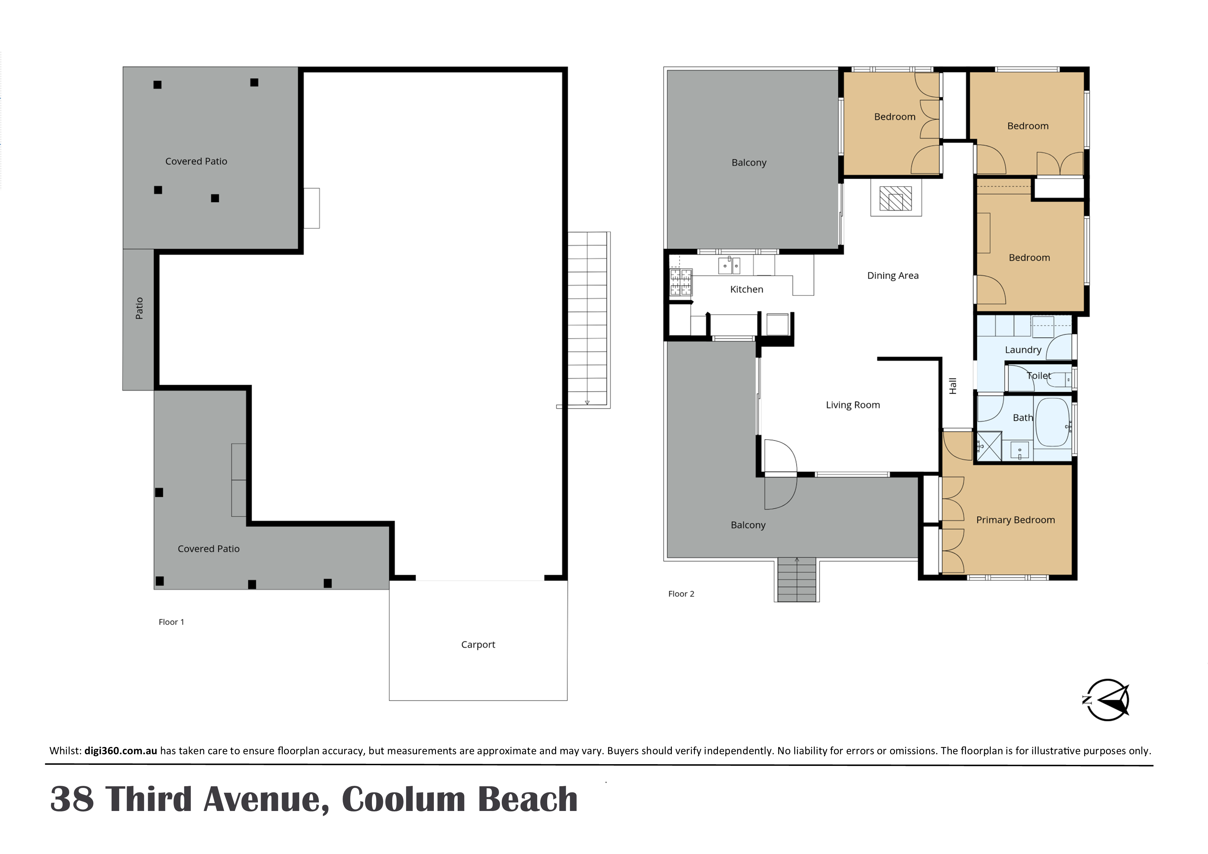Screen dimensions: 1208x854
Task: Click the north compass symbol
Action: pos(1106,699)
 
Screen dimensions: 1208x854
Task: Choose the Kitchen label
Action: pos(747,289)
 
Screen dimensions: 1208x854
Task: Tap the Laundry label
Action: pos(1023,350)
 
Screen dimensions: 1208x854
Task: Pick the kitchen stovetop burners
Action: pos(680,282)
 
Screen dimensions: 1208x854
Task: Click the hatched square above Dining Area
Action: pos(895,198)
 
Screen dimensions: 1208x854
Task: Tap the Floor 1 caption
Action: pos(171,622)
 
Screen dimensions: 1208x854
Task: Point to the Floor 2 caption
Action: pos(681,594)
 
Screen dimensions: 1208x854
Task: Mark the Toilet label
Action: pos(1039,376)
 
